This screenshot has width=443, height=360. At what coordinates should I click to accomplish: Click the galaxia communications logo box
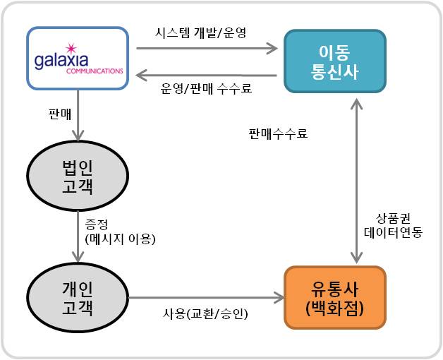[78, 60]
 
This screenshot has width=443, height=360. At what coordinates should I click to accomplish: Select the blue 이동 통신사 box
[336, 60]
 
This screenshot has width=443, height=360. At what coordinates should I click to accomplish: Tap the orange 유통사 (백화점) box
[335, 297]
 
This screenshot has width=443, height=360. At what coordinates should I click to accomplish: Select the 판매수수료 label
[278, 133]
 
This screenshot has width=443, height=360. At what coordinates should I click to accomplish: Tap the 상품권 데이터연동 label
[393, 224]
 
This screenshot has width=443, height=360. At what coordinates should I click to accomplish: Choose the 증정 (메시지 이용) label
[119, 231]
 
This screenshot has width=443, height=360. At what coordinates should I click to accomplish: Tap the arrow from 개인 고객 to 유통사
[205, 297]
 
